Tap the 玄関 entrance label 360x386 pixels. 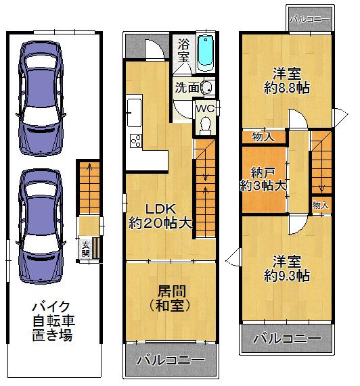86,249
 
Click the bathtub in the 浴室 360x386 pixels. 204,51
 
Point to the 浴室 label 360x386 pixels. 183,52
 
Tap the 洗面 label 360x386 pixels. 187,87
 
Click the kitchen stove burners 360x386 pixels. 135,141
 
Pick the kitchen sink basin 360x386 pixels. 134,110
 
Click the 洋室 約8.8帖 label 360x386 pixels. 287,80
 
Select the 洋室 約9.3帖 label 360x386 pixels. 287,268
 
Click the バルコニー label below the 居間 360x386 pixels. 171,360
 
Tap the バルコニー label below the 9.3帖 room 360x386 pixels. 288,338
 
